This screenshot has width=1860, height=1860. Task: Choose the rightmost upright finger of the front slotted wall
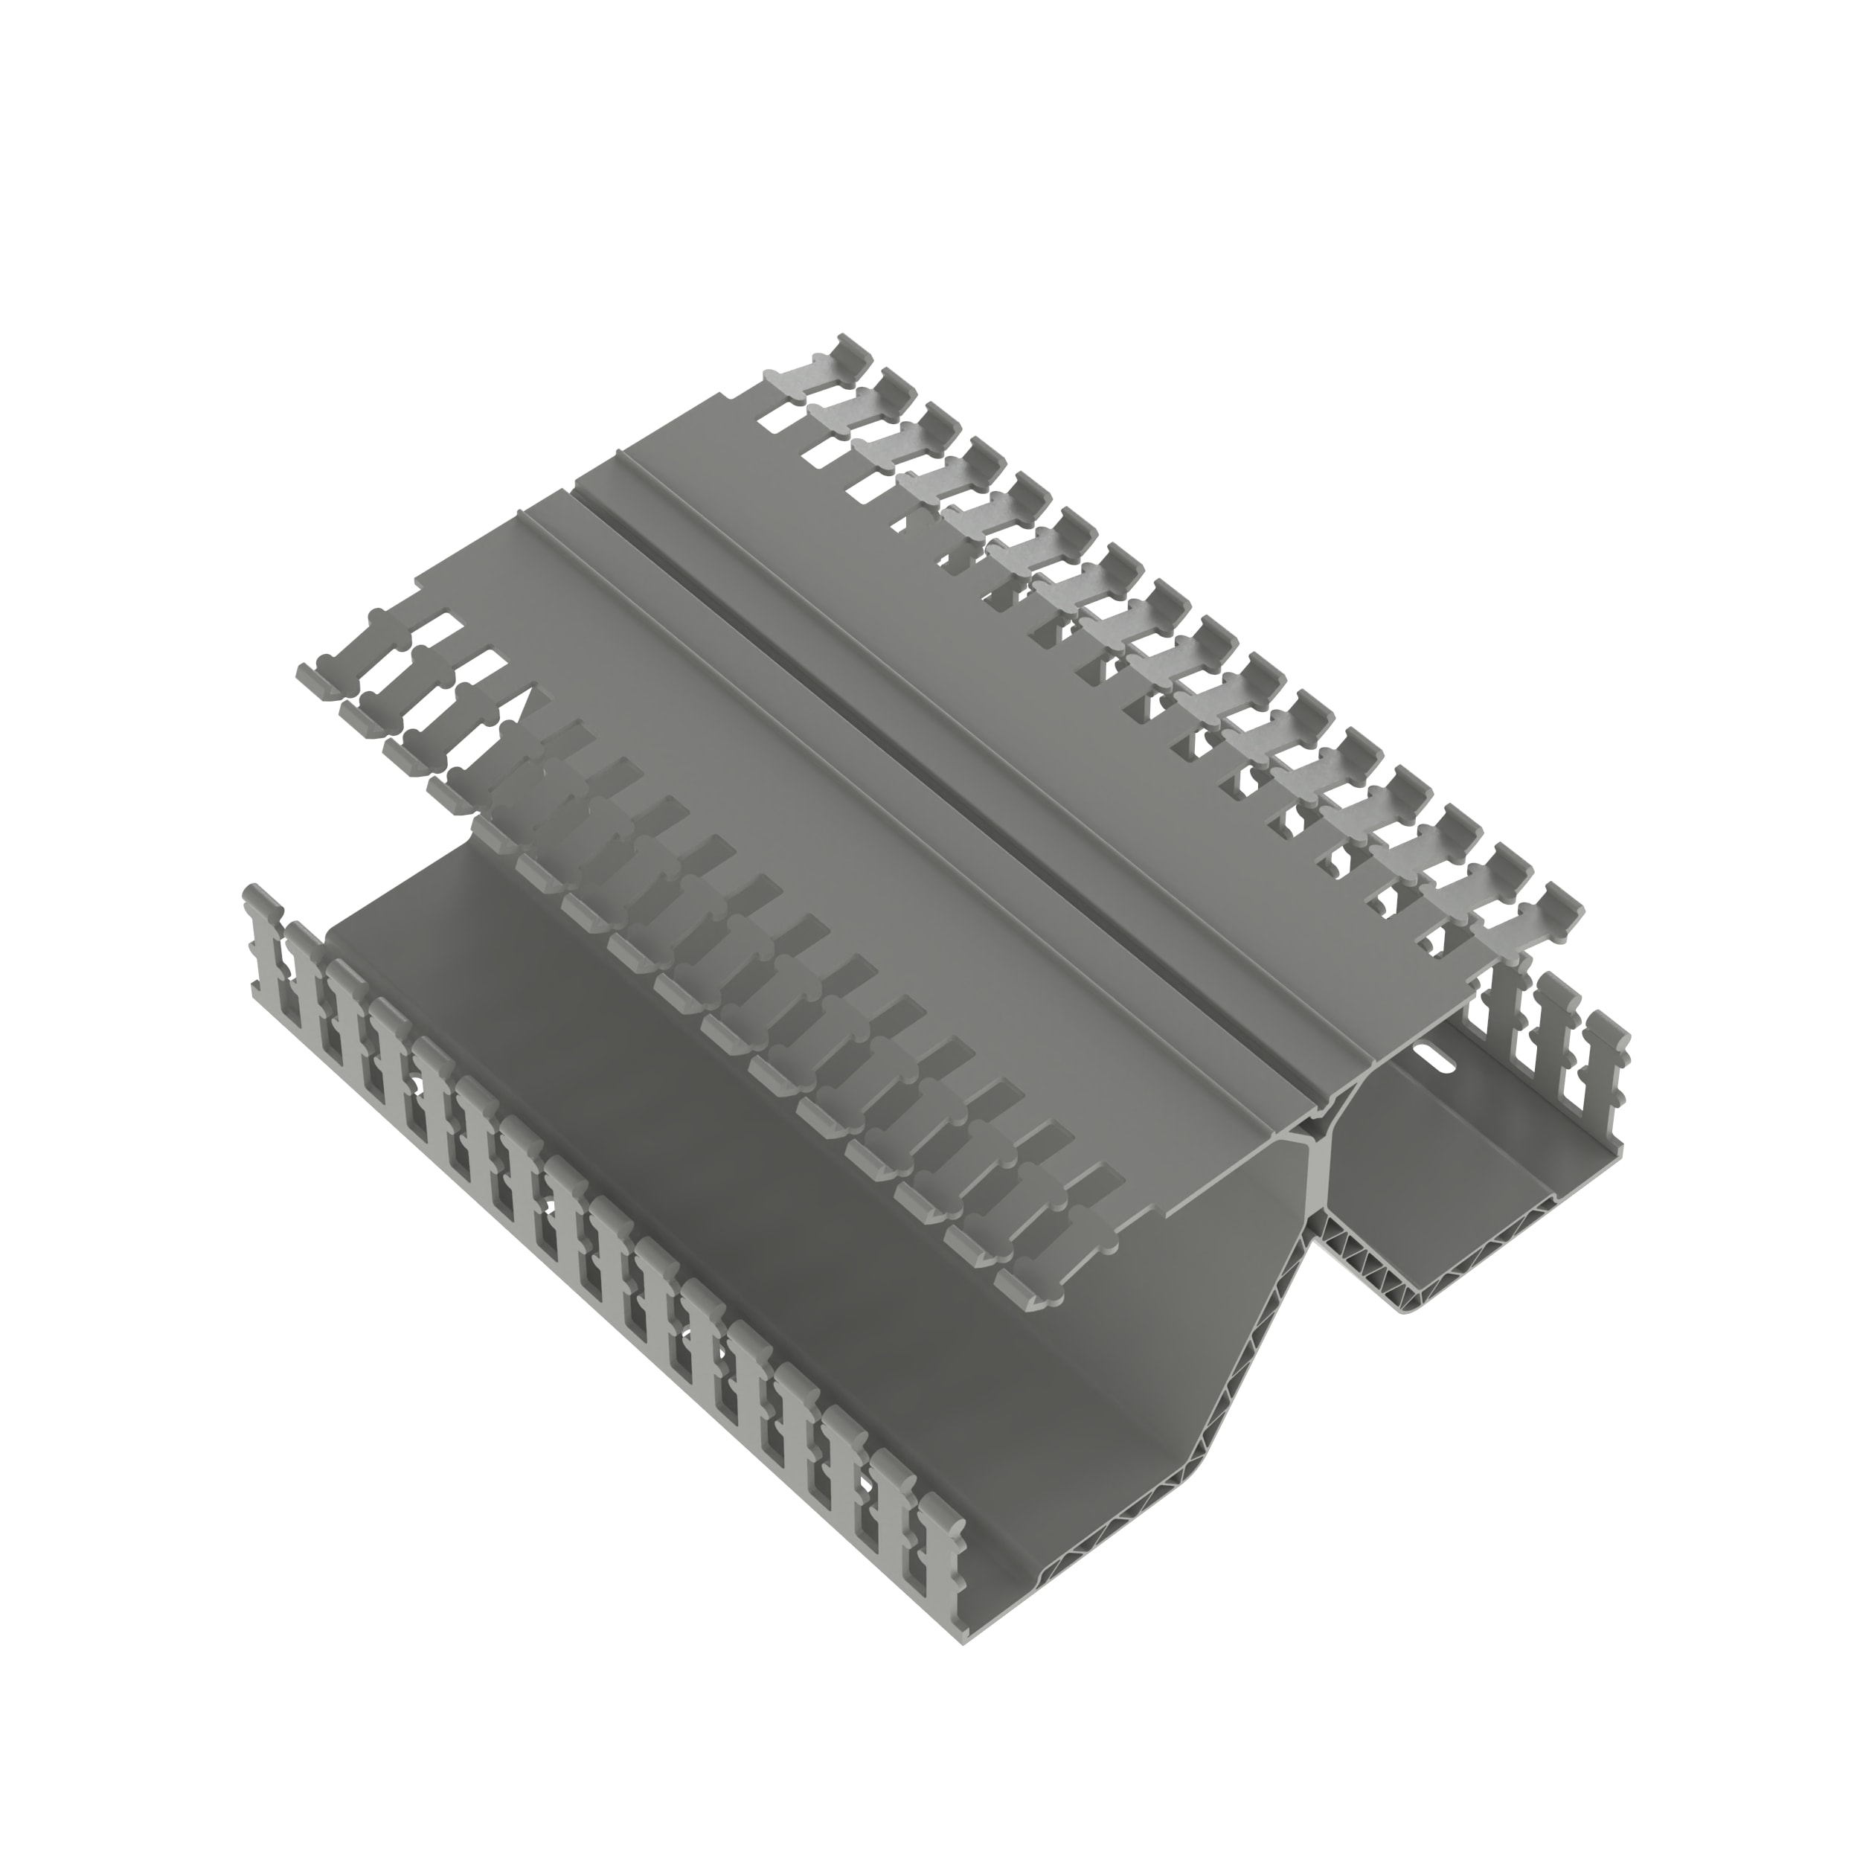tap(939, 1579)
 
